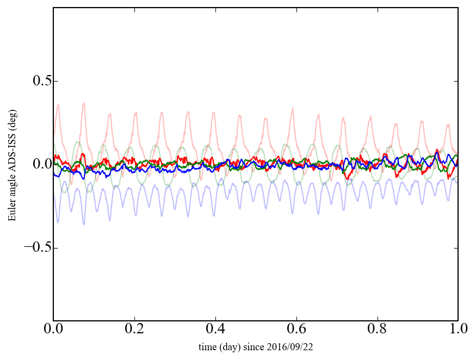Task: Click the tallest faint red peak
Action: pyautogui.click(x=84, y=103)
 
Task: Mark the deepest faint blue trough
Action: pyautogui.click(x=84, y=225)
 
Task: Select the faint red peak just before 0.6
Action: pyautogui.click(x=292, y=108)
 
